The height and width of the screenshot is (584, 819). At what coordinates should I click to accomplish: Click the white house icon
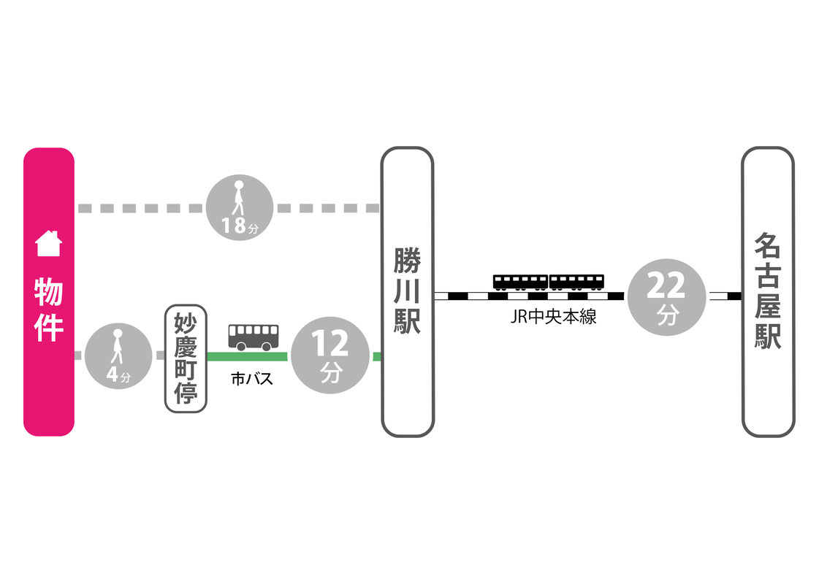[x=49, y=243]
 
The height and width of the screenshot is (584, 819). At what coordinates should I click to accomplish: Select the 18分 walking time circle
[x=240, y=208]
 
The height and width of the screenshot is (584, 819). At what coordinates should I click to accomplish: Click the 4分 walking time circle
[x=118, y=356]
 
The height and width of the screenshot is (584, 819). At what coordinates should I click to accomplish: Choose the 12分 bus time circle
[x=330, y=356]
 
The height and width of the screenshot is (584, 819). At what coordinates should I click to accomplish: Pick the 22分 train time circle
[x=666, y=297]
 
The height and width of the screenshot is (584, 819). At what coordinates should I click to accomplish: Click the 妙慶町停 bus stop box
[x=186, y=358]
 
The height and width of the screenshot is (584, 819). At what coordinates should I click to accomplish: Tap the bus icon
[x=254, y=337]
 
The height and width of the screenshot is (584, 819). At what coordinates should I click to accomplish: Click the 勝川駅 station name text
[x=407, y=291]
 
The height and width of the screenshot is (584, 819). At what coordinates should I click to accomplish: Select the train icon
[x=549, y=281]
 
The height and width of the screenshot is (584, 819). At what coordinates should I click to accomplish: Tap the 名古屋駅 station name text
[x=767, y=291]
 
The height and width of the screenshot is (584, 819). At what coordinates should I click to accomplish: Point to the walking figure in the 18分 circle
[x=238, y=198]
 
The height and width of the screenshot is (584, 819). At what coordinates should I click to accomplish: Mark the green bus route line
[x=247, y=356]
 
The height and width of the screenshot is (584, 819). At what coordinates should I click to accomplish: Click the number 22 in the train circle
[x=666, y=287]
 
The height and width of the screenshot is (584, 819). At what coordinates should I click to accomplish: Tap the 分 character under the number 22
[x=666, y=315]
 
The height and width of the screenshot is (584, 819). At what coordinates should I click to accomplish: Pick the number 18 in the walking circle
[x=235, y=226]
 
